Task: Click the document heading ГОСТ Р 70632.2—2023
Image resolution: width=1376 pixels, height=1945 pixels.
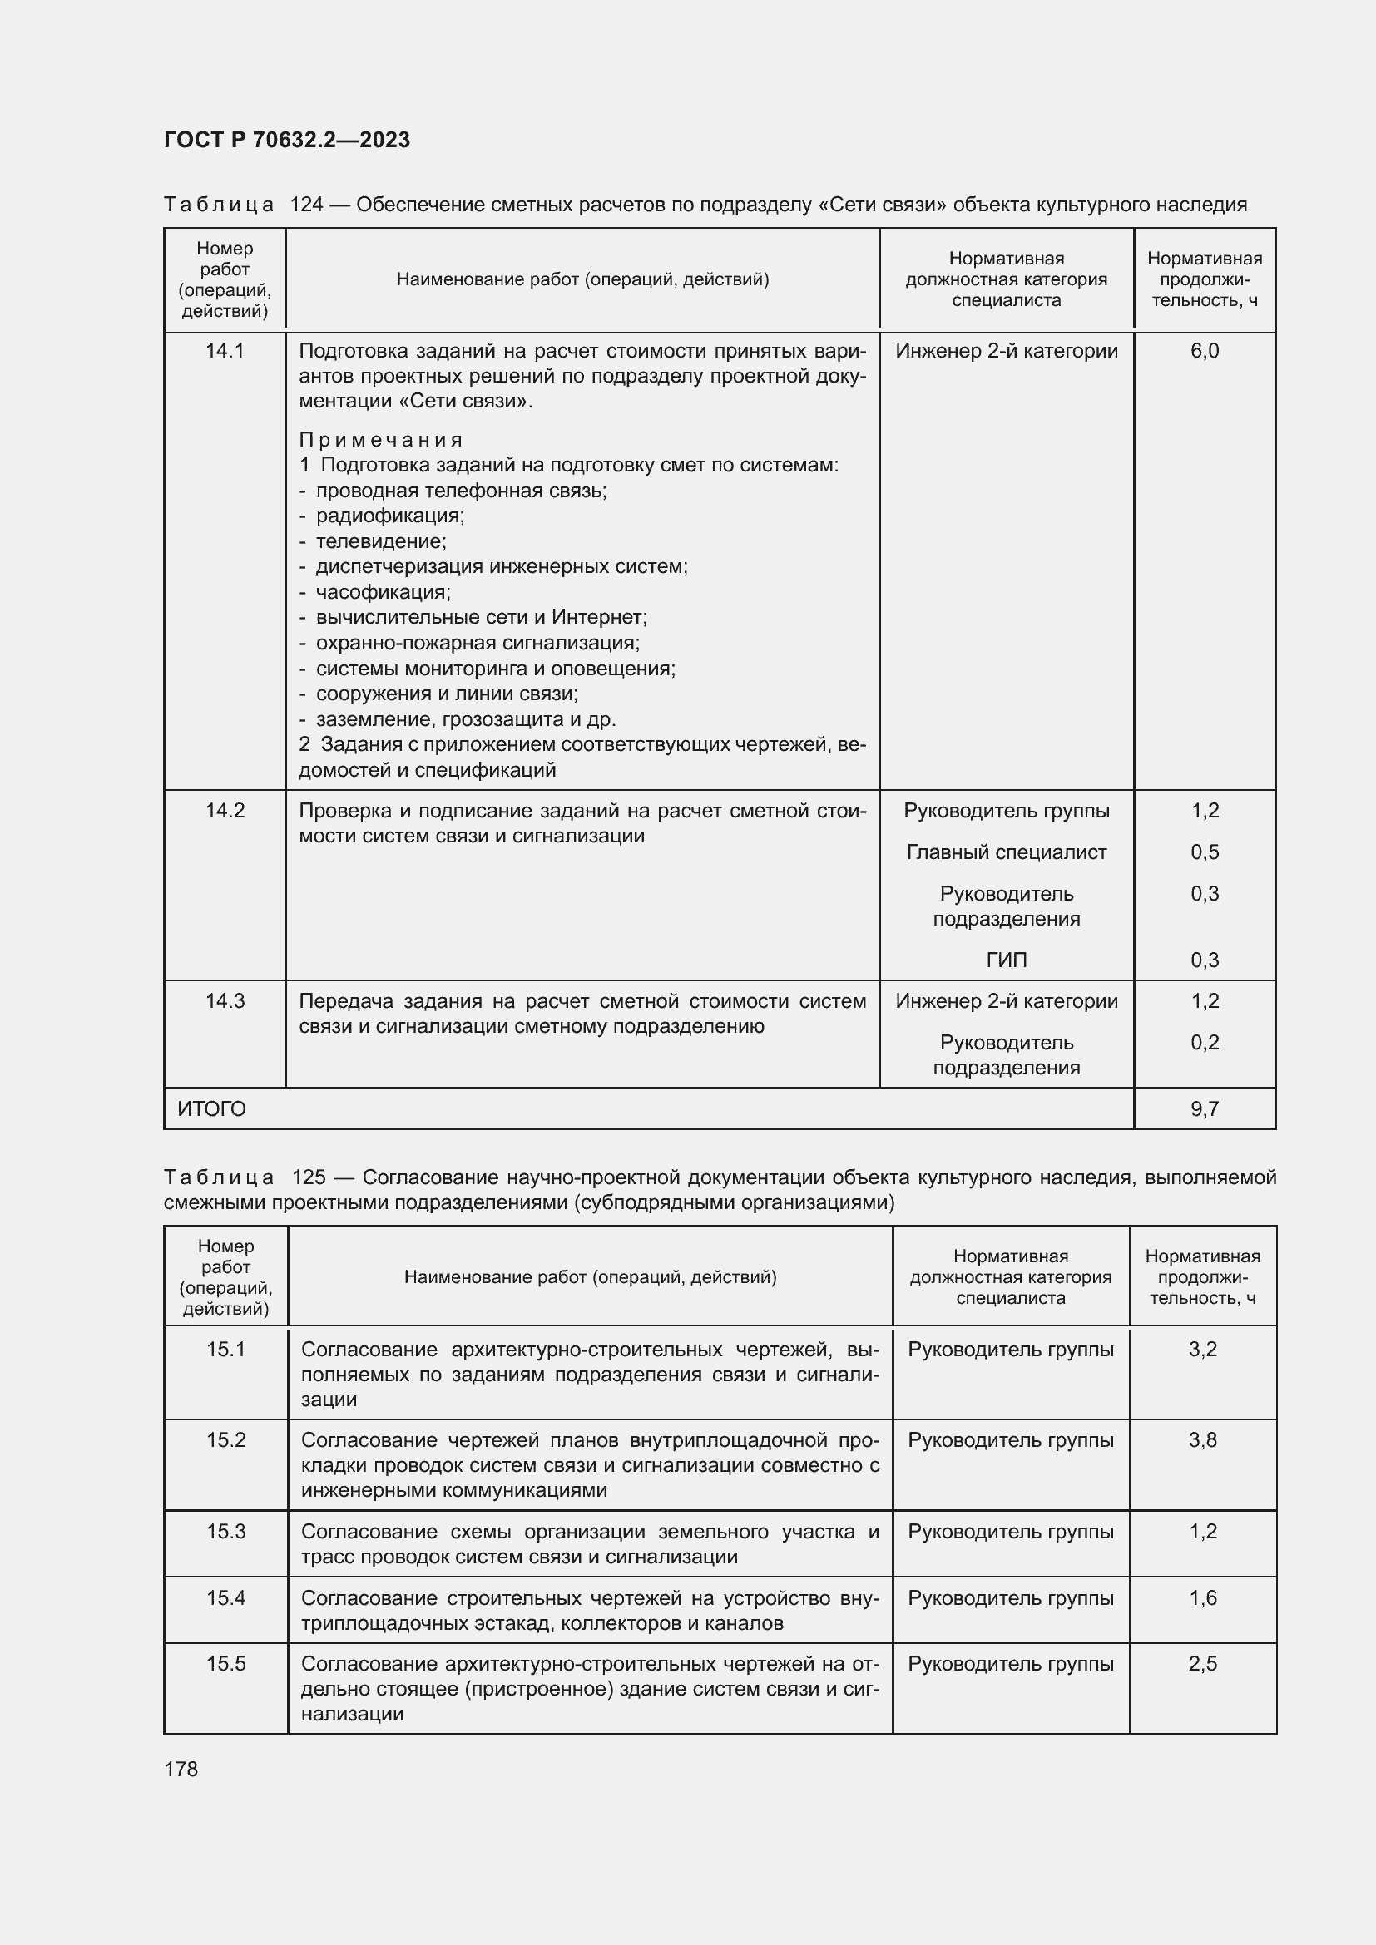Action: coord(286,140)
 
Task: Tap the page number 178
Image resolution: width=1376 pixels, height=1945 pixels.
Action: coord(181,1769)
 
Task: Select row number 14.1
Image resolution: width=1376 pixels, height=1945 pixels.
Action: coord(225,351)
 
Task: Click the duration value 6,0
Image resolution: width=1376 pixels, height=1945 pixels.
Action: coord(1204,351)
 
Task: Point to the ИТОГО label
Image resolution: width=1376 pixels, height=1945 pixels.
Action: coord(212,1109)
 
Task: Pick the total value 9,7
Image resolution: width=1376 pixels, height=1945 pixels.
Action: coord(1204,1109)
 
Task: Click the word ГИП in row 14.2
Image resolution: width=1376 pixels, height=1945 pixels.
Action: coord(1006,960)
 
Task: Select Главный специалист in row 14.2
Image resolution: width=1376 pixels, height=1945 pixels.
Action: coord(1006,852)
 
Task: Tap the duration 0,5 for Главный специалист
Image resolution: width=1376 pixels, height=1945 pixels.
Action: coord(1204,852)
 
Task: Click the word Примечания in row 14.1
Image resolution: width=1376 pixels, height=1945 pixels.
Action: coord(381,440)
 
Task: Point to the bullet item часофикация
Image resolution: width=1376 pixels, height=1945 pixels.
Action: coord(382,592)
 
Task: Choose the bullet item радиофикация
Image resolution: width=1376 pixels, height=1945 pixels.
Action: coord(389,516)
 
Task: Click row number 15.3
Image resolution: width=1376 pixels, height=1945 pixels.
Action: coord(226,1532)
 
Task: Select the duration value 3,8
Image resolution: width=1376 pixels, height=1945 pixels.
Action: coord(1202,1440)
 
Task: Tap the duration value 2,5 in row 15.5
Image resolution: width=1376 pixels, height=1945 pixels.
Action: coord(1202,1664)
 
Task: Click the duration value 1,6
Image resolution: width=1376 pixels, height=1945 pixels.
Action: coord(1202,1597)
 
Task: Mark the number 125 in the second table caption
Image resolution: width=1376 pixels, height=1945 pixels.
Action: coord(309,1177)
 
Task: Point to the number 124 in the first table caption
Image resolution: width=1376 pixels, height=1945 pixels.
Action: coord(307,205)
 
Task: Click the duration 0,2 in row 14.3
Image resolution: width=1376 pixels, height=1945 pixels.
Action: coord(1204,1043)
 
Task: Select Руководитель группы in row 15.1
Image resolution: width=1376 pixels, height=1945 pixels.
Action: coord(1010,1350)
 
